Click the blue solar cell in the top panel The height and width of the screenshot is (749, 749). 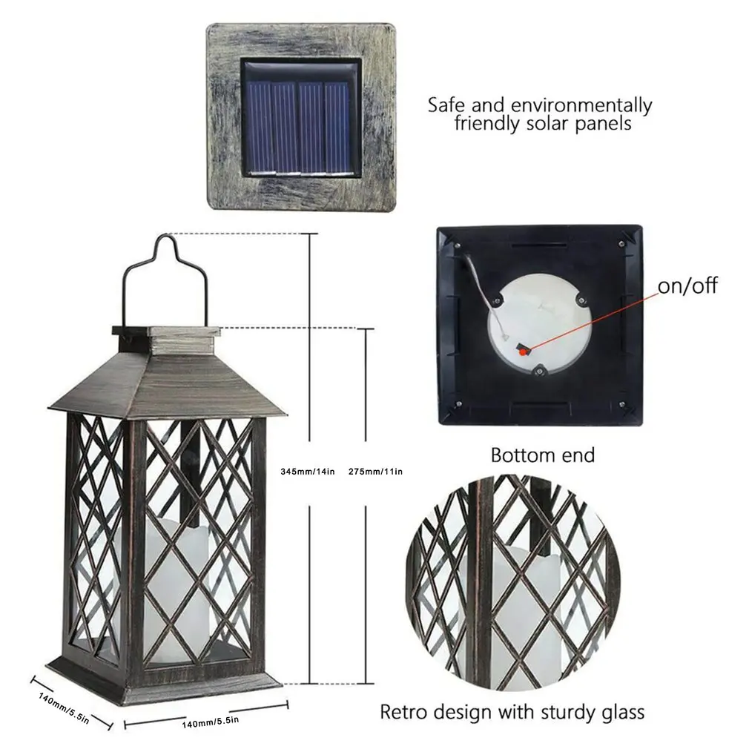coord(300,118)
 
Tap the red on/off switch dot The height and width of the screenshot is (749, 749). coord(523,351)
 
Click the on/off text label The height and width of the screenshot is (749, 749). coord(687,286)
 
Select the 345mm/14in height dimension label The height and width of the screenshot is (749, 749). coord(308,471)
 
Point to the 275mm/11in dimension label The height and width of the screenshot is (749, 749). coord(374,471)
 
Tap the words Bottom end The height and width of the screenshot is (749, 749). coord(543,455)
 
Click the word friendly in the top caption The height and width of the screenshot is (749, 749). coord(486,123)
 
